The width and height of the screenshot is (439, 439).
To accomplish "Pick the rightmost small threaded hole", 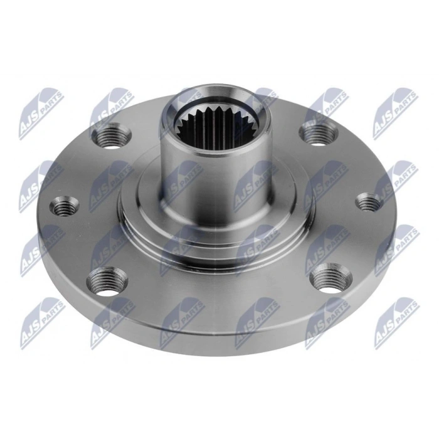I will (367, 203).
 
